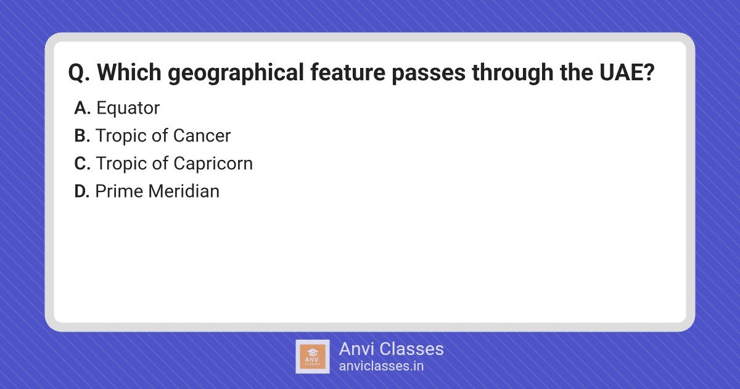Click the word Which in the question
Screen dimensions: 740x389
pos(129,72)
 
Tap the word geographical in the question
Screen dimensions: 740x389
pos(236,73)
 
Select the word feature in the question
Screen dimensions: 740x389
pos(348,72)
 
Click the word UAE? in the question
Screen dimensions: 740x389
pos(627,72)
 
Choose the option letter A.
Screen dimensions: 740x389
pos(82,108)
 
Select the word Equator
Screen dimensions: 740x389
pos(128,109)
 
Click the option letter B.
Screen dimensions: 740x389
pos(82,136)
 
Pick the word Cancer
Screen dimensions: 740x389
pos(202,136)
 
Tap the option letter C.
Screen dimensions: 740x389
pos(82,164)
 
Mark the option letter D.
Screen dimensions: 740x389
pos(82,191)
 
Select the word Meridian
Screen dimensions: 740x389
pos(184,191)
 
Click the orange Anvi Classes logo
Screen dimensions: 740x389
pos(313,357)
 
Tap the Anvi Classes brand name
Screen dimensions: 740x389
pos(391,349)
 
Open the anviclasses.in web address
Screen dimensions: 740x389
pos(381,366)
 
